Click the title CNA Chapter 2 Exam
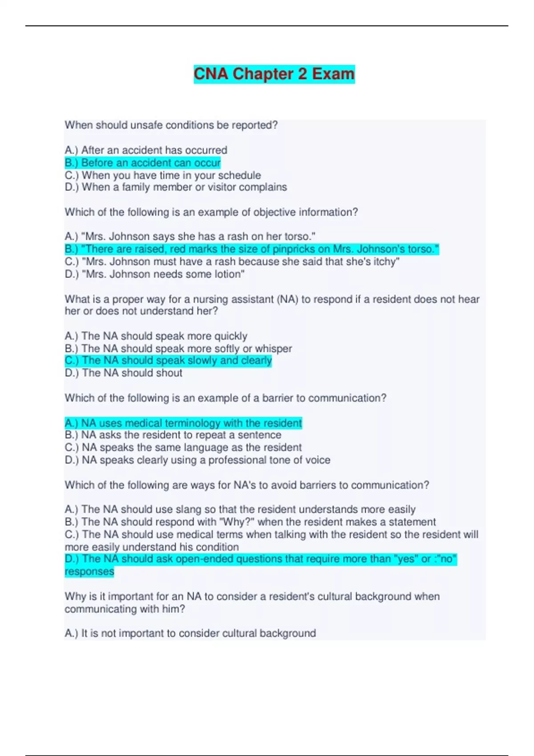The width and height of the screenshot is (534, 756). [274, 74]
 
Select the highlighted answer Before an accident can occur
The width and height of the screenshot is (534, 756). [142, 163]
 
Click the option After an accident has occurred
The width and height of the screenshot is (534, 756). [146, 150]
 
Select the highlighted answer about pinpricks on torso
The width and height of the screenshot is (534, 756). [252, 249]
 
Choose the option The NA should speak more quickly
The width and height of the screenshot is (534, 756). [156, 336]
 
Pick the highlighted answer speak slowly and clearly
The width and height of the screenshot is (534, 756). [168, 361]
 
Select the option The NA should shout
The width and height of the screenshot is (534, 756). [123, 373]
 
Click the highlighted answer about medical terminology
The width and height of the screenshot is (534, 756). [183, 423]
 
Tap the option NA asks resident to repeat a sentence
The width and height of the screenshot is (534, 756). [173, 435]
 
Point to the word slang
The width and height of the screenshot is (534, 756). [188, 509]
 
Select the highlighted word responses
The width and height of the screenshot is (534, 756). [89, 572]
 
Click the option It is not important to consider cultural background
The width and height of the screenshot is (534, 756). [190, 633]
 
